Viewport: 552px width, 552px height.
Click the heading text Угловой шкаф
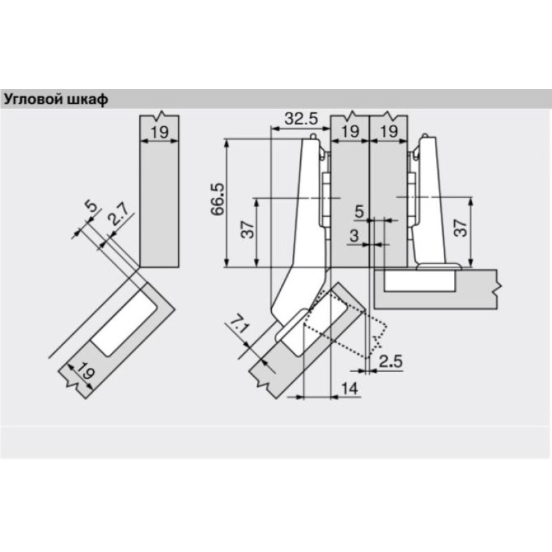(56, 100)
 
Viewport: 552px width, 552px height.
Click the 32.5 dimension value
(301, 119)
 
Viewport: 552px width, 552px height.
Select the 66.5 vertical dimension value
(217, 199)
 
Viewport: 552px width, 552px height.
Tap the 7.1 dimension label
(240, 325)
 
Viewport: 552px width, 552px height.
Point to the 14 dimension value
(350, 388)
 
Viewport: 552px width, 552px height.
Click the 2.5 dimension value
(391, 362)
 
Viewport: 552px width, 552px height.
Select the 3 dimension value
(354, 236)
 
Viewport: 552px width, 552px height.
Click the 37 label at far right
(460, 228)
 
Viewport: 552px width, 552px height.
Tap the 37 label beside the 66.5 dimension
(248, 230)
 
